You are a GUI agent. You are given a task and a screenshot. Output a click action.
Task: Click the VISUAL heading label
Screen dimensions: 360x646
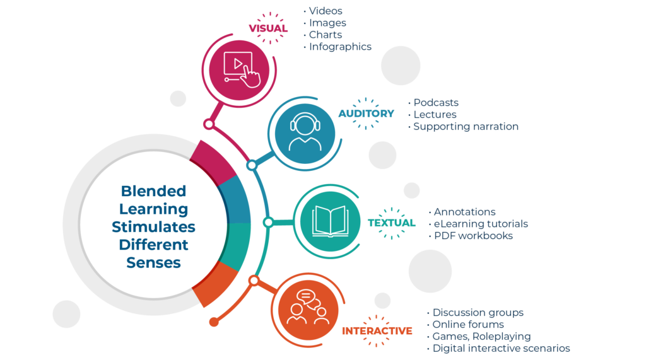(x=268, y=28)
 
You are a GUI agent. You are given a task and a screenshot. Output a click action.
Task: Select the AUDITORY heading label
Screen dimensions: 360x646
(x=366, y=113)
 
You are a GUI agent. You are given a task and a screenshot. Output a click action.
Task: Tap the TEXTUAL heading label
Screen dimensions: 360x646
(x=392, y=223)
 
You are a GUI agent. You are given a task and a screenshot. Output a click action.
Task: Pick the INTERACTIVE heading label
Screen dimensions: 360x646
(x=377, y=331)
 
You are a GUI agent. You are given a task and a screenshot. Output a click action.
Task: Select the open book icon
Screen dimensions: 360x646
(x=330, y=221)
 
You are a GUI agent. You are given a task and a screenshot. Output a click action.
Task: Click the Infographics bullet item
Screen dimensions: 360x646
(x=340, y=47)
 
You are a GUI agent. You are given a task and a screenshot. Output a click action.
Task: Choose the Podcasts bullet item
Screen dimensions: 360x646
(x=435, y=103)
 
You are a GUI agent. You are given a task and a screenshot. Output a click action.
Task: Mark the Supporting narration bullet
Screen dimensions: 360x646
(x=466, y=127)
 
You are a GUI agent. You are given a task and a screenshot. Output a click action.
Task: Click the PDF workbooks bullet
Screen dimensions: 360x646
(x=473, y=236)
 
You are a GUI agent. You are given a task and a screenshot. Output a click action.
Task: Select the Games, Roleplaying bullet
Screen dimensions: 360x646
(x=481, y=336)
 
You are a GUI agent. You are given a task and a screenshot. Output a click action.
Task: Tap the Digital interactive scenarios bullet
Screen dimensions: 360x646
(x=501, y=348)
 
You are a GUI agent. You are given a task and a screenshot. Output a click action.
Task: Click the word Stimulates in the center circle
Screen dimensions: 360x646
(x=153, y=226)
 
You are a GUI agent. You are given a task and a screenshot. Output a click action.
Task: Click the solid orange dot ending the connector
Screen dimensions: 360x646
(x=214, y=322)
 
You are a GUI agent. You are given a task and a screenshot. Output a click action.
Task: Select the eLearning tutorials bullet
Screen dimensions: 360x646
(x=481, y=224)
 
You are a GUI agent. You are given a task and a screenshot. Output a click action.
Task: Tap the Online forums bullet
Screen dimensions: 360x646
(x=468, y=324)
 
